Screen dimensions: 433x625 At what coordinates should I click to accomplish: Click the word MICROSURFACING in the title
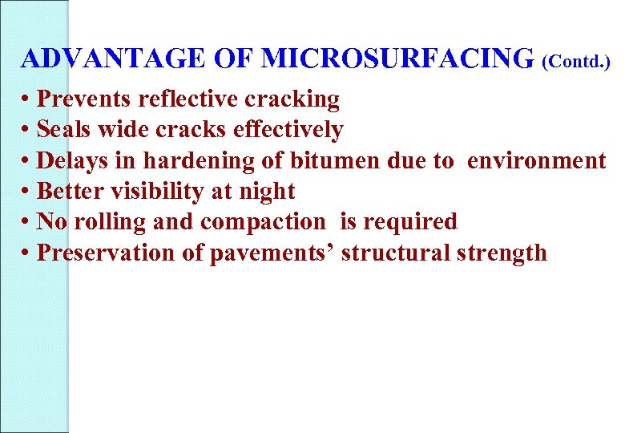[x=397, y=59]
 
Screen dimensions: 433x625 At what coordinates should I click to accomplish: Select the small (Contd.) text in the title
[x=576, y=61]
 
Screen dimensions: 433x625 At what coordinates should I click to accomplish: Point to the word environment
[x=536, y=160]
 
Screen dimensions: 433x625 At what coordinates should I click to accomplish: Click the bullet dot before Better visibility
[x=27, y=192]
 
